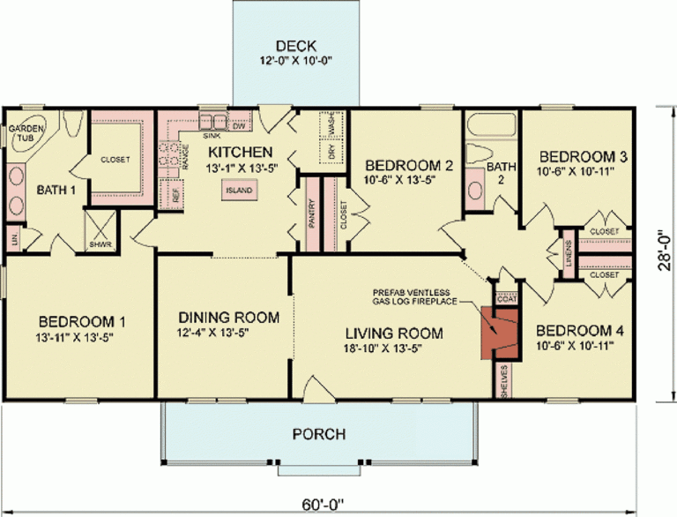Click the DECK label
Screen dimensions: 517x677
[295, 46]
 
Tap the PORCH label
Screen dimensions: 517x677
[319, 434]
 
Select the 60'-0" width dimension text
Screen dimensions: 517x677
[319, 505]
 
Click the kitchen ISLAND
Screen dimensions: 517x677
[238, 190]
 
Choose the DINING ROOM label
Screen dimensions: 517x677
[228, 317]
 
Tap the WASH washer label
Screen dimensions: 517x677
[332, 127]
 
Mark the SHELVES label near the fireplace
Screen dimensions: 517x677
[504, 380]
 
